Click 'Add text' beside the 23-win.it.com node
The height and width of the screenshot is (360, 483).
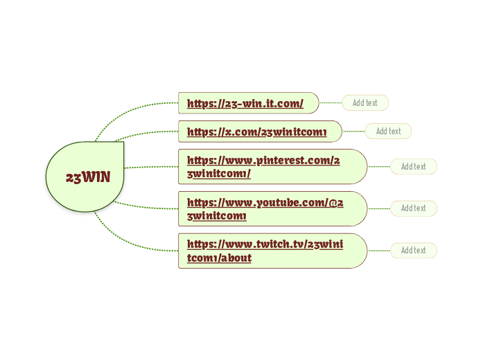pyautogui.click(x=365, y=103)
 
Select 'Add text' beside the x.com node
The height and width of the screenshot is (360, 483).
pyautogui.click(x=388, y=131)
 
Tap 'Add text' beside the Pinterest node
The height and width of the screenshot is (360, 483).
pyautogui.click(x=414, y=166)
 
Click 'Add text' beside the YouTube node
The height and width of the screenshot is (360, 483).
pyautogui.click(x=414, y=208)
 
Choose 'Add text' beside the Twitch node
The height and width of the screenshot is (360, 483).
pyautogui.click(x=414, y=250)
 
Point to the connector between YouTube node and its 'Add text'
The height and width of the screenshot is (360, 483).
pyautogui.click(x=378, y=208)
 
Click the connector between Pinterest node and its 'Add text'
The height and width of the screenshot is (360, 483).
pyautogui.click(x=378, y=166)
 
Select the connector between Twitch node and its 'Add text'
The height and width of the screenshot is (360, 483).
pyautogui.click(x=378, y=251)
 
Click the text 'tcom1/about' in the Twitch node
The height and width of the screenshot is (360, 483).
pyautogui.click(x=219, y=258)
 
